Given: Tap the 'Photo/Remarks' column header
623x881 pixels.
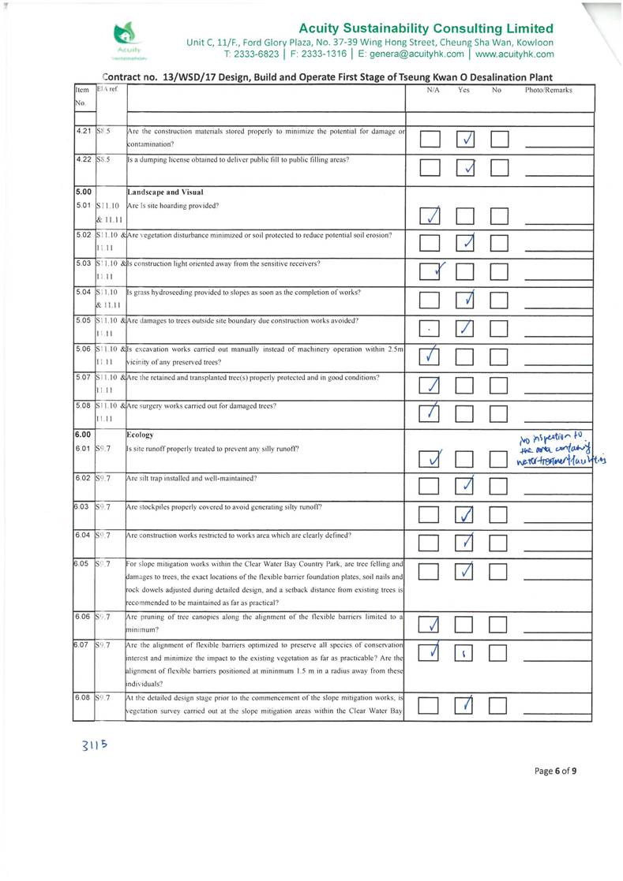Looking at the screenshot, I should coord(549,91).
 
